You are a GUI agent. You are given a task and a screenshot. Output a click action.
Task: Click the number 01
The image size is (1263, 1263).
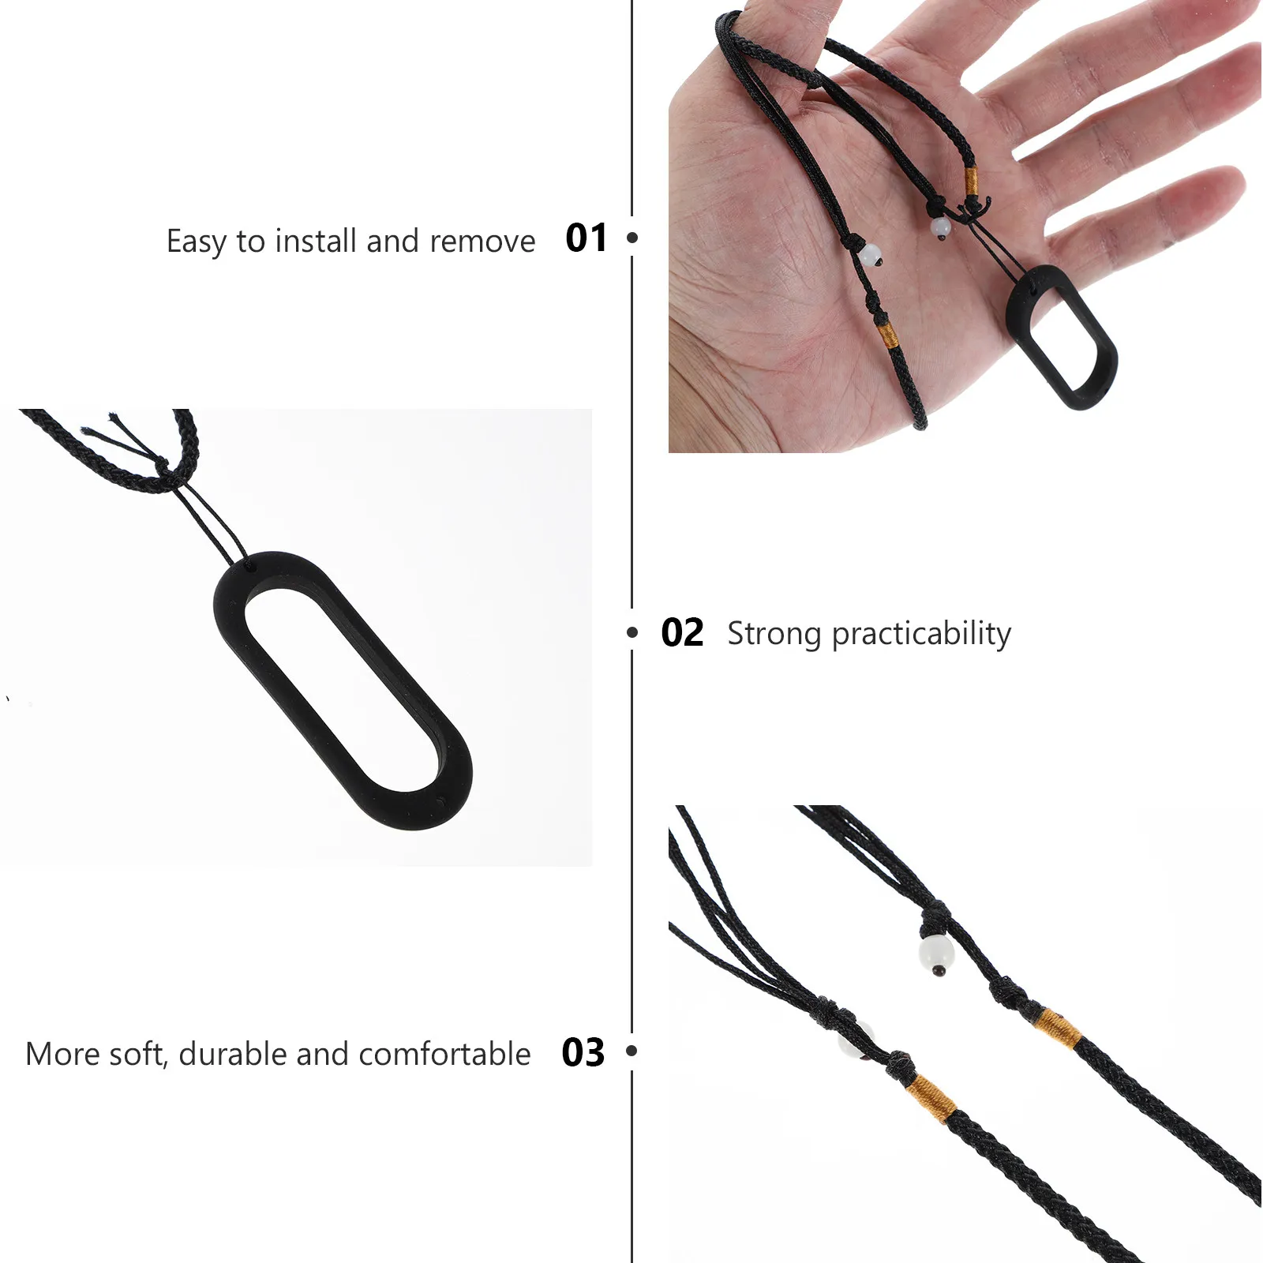[587, 238]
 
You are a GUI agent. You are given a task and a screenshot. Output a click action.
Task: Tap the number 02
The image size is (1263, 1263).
[682, 633]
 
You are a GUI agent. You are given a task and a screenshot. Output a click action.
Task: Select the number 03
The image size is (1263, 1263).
[583, 1053]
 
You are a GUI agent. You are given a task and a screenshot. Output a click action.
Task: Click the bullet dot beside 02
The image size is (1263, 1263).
[631, 632]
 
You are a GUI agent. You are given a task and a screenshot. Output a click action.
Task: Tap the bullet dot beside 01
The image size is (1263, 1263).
[631, 238]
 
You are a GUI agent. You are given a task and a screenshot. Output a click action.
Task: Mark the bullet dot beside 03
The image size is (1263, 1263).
[631, 1051]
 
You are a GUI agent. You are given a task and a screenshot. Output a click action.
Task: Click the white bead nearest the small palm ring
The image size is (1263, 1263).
[940, 228]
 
